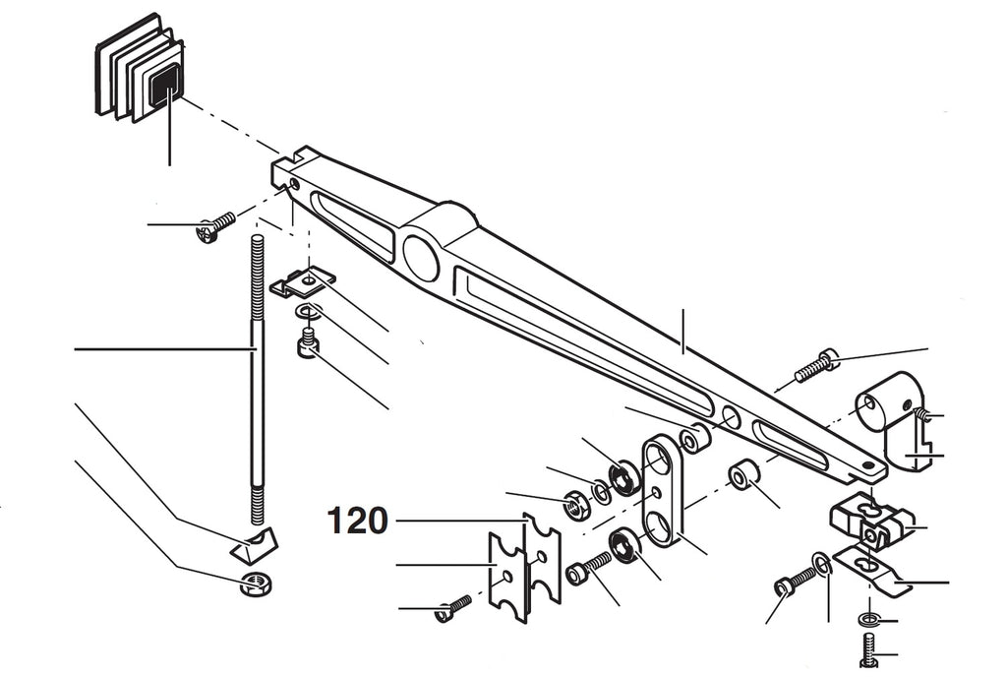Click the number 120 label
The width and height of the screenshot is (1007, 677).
pos(358,521)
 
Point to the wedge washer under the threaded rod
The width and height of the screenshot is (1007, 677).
pos(254,541)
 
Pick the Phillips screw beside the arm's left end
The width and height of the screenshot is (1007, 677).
pos(216,226)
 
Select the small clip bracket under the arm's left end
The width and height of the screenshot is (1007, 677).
pos(302,282)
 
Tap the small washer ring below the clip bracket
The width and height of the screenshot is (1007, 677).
pos(310,313)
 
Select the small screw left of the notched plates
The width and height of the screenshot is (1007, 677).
pos(453,608)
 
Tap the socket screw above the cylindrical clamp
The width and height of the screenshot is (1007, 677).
pos(817,365)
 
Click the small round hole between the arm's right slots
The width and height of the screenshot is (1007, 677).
pos(731,416)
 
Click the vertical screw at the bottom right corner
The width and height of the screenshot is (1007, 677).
pos(867,650)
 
